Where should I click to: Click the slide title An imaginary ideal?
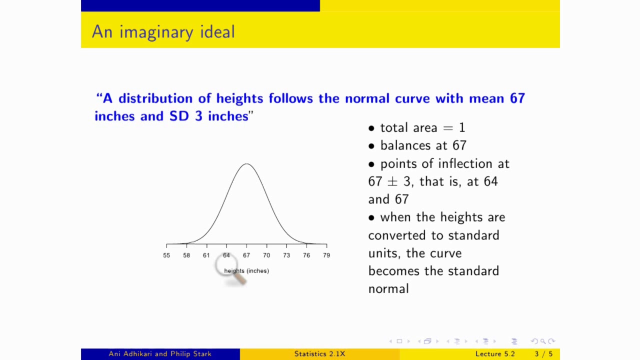(x=163, y=32)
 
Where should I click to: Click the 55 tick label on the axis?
(x=166, y=255)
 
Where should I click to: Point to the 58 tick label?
(x=186, y=255)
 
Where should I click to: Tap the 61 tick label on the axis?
(x=206, y=255)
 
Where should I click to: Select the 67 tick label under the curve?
(x=246, y=255)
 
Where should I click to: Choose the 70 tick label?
(x=266, y=255)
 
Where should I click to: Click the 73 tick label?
(x=286, y=255)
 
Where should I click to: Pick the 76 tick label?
(x=306, y=255)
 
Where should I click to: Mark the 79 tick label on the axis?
(x=326, y=255)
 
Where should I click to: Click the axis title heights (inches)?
(x=246, y=271)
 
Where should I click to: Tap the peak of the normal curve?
(x=246, y=164)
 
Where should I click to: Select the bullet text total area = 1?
(x=422, y=128)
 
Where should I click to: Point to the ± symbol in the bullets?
(x=393, y=182)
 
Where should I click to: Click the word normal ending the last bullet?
(x=388, y=289)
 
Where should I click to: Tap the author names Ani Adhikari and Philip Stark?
(x=160, y=354)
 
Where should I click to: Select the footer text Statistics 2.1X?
(x=319, y=354)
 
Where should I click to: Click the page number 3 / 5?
(x=543, y=354)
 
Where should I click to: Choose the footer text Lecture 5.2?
(x=495, y=354)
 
